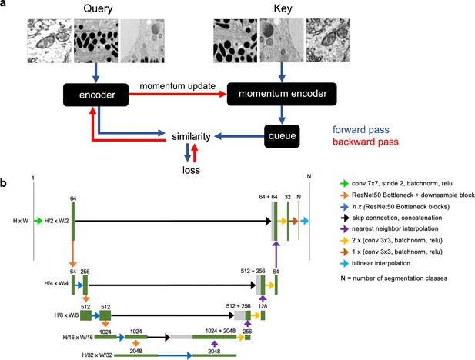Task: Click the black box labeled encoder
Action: [x=95, y=95]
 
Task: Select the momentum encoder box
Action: [x=282, y=94]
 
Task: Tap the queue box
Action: [x=282, y=136]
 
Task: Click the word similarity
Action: [x=191, y=137]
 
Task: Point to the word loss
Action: [x=191, y=170]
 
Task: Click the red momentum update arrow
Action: [x=178, y=95]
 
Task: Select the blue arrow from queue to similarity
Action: [x=239, y=137]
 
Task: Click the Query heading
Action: [x=98, y=8]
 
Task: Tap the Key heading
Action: [x=283, y=8]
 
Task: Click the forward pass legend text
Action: [x=361, y=130]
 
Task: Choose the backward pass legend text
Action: [x=366, y=142]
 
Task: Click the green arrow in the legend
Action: [x=344, y=183]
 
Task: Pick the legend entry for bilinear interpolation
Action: [x=381, y=263]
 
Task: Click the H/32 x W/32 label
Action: [x=97, y=355]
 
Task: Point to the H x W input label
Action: [x=21, y=221]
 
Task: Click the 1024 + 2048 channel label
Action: [x=220, y=331]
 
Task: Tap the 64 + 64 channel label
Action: [x=268, y=197]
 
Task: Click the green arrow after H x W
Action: [x=38, y=221]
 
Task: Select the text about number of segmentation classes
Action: [x=394, y=278]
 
